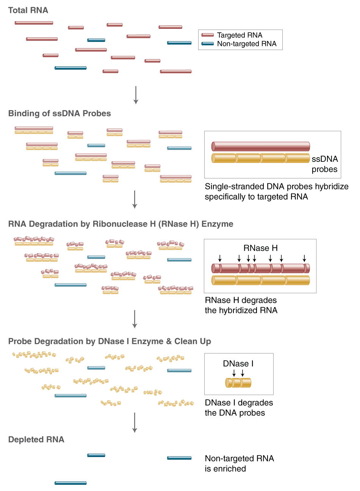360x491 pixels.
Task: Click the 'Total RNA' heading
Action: (28, 11)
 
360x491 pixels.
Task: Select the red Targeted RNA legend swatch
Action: (207, 35)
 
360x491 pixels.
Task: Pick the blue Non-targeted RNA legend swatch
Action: (207, 44)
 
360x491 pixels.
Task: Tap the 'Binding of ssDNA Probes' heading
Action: (59, 114)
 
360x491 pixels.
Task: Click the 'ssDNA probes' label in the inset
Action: (324, 164)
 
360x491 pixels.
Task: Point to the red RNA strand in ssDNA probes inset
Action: (260, 146)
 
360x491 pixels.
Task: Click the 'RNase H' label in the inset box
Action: (260, 248)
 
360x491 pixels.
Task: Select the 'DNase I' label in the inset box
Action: (238, 364)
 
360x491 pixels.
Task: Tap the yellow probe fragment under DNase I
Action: (238, 383)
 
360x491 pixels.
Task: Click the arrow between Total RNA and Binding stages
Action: (136, 95)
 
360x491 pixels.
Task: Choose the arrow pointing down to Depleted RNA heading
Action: (135, 422)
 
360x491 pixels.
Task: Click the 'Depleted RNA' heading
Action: (36, 440)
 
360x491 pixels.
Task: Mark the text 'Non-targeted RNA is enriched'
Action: (239, 464)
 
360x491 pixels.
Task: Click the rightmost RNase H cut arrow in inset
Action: (304, 258)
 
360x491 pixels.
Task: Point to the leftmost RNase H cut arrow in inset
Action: (220, 258)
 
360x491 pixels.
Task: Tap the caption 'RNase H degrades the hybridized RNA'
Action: (241, 305)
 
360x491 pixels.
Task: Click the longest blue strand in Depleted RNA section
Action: (70, 483)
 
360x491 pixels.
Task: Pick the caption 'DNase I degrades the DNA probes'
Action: (239, 408)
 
